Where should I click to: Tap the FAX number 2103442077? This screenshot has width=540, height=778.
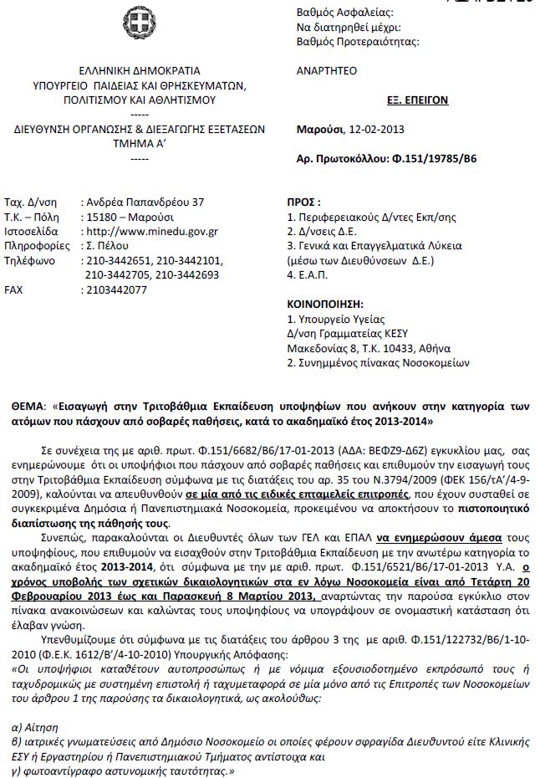pyautogui.click(x=116, y=289)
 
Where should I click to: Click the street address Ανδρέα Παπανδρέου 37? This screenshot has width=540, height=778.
pyautogui.click(x=145, y=202)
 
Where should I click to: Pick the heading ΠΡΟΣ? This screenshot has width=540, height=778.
pyautogui.click(x=303, y=202)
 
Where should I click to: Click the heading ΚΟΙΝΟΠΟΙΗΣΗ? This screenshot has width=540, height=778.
pyautogui.click(x=323, y=305)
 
